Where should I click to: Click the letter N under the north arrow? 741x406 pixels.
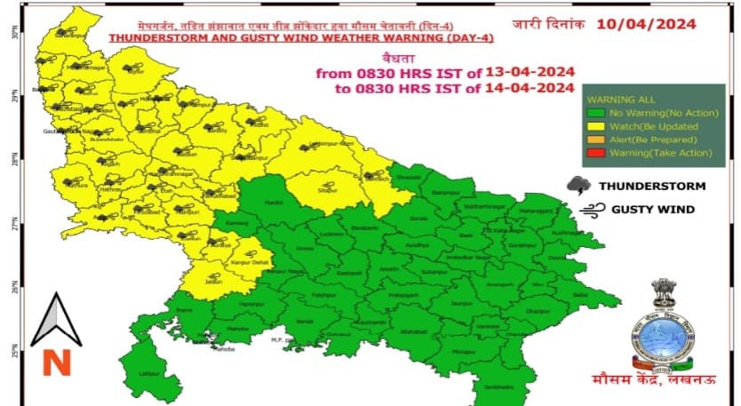(55, 362)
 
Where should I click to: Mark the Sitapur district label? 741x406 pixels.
(328, 189)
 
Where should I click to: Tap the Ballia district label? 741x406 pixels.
(581, 294)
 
